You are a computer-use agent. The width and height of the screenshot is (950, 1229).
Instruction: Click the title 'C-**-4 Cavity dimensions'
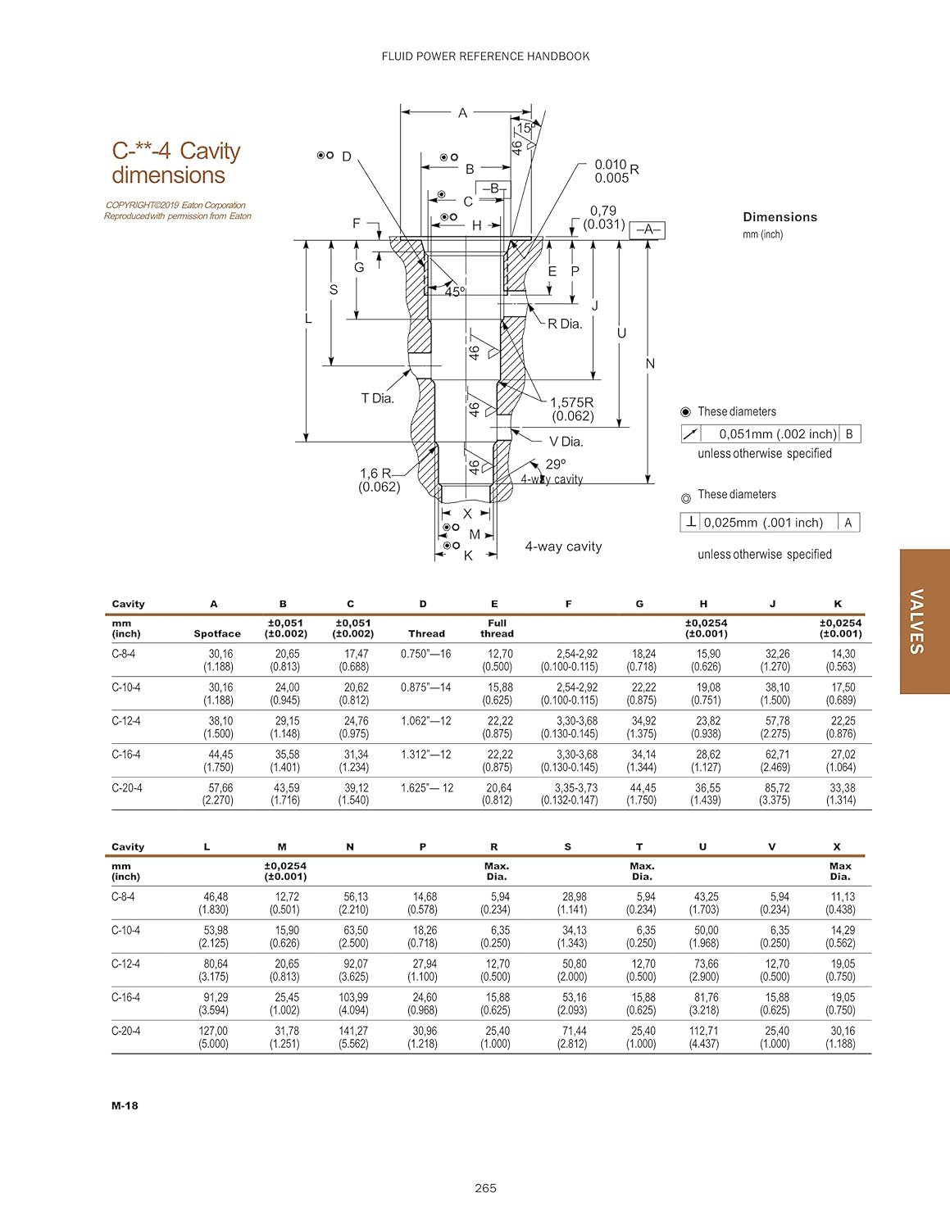click(175, 163)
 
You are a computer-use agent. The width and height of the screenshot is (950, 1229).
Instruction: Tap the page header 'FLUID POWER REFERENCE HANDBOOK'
click(485, 57)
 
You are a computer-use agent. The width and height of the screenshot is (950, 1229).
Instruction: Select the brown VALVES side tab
click(924, 621)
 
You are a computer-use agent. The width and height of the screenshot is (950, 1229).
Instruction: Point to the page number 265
click(485, 1188)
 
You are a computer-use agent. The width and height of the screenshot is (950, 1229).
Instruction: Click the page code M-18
click(125, 1105)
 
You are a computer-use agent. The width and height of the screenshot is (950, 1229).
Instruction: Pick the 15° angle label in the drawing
click(524, 128)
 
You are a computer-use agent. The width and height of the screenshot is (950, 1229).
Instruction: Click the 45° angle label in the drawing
click(454, 292)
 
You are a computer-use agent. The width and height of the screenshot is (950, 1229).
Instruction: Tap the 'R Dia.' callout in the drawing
click(564, 324)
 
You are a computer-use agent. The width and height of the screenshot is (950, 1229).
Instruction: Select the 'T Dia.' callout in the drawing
click(377, 398)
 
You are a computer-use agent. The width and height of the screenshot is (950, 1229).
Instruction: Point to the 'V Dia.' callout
click(566, 442)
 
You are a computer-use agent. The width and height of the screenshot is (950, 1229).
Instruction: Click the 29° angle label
click(555, 465)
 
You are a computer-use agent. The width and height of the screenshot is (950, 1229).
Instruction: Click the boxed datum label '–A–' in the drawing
click(647, 230)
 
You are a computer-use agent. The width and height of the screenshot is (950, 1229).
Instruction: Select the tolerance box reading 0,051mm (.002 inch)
click(770, 434)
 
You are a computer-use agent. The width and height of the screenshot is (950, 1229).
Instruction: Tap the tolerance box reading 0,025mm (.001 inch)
click(770, 523)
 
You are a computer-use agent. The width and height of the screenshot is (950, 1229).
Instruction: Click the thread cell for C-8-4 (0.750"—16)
click(425, 654)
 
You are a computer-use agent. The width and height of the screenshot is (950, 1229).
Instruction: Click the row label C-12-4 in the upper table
click(126, 721)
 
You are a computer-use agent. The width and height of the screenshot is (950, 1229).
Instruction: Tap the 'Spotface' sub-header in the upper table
click(217, 633)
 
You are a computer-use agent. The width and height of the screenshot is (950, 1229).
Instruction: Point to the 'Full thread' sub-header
click(497, 628)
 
